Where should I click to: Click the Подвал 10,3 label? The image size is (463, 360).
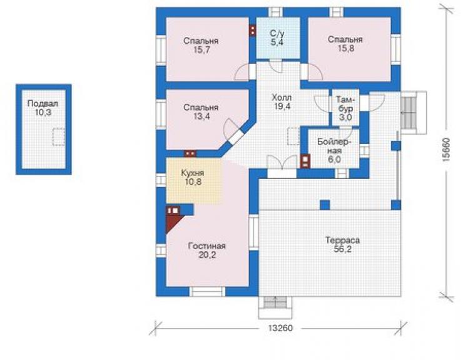43,108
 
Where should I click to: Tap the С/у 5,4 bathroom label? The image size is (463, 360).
277,37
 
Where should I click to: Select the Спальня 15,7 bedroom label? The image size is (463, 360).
201,45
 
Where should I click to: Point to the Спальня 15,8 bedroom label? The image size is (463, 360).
345,44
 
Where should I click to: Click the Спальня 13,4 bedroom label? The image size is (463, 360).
201,111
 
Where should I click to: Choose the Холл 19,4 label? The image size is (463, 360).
282,101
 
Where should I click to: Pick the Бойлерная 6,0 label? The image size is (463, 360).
334,150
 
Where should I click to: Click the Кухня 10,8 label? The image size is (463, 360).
193,177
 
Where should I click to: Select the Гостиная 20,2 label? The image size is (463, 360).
207,250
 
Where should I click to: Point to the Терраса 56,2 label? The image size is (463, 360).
342,244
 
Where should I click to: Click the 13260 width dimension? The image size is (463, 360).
280,328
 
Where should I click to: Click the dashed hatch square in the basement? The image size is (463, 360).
59,137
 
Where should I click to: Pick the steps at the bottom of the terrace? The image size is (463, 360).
275,307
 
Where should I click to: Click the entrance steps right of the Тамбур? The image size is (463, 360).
414,113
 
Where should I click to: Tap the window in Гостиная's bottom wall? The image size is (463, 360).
207,292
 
